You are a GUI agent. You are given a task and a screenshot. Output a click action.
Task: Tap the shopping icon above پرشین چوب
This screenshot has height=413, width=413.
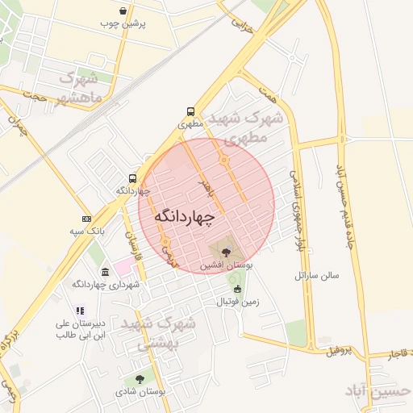click(122, 11)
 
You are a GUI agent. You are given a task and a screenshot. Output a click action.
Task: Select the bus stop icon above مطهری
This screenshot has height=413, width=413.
click(190, 112)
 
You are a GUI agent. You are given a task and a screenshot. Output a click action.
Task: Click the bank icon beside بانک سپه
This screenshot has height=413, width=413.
click(86, 219)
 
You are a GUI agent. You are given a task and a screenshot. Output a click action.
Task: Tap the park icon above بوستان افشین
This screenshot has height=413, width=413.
click(224, 252)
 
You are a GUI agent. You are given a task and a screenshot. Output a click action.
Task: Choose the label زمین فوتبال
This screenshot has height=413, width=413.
click(236, 302)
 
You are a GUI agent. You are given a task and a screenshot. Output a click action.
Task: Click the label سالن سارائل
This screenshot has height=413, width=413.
click(318, 275)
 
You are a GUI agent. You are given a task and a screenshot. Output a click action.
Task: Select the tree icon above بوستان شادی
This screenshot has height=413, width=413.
click(140, 378)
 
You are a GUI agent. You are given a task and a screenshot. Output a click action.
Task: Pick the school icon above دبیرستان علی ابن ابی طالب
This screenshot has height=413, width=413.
click(79, 310)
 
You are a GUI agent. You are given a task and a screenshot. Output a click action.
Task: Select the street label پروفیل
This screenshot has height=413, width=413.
click(340, 351)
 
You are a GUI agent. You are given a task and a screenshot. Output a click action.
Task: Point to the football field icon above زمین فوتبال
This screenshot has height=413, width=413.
click(236, 290)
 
